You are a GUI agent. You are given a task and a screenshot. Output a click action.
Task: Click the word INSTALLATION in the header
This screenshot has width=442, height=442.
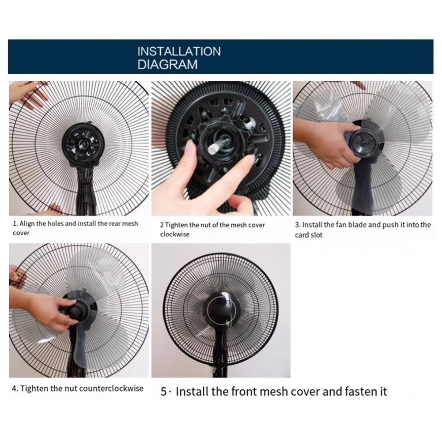point(179,51)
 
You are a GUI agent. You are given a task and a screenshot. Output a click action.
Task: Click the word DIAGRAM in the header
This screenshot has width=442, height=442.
point(167,64)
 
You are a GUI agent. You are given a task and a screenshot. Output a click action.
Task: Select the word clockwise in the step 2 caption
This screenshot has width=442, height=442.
point(174,234)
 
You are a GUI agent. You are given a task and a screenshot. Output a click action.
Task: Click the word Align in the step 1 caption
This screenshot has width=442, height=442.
point(27,224)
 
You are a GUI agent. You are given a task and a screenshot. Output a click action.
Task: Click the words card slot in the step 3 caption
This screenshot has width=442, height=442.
point(309,235)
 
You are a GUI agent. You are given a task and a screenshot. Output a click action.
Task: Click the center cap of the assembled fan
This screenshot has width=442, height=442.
point(220,309)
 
